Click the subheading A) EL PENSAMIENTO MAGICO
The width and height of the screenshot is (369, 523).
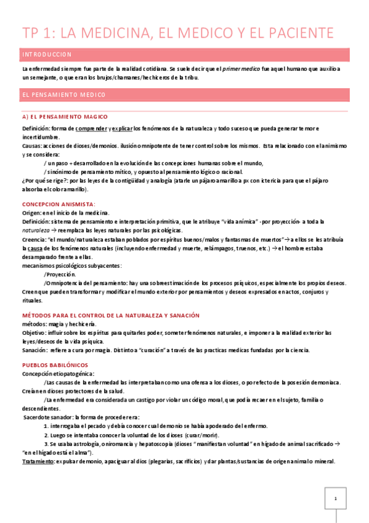click(65, 117)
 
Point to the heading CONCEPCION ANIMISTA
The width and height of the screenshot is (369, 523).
click(59, 204)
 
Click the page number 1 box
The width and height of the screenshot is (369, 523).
click(335, 498)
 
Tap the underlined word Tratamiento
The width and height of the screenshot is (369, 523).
click(36, 461)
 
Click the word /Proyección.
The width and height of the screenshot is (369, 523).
click(60, 274)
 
